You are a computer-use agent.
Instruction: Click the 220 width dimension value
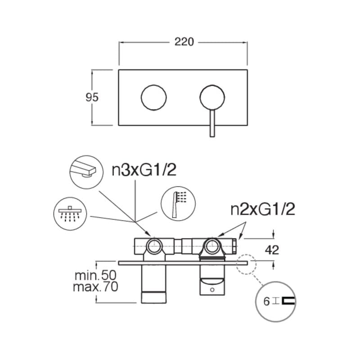[x=184, y=42]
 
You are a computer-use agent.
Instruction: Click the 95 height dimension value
[x=92, y=97]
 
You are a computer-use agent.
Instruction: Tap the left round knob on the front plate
[x=154, y=98]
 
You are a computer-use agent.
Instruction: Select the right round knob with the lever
[x=212, y=98]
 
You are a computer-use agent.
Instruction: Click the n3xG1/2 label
[x=144, y=170]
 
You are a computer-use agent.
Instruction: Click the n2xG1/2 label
[x=263, y=209]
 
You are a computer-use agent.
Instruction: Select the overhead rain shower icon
[x=70, y=213]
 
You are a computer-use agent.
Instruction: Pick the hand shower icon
[x=178, y=204]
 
